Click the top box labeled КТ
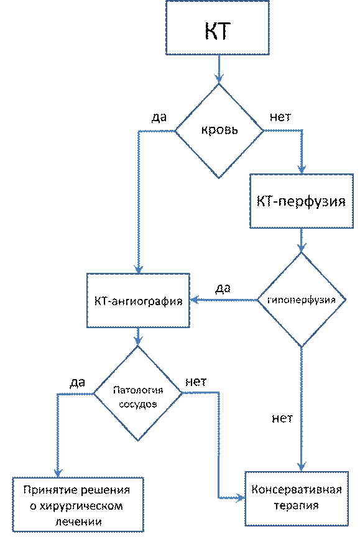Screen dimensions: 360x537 pyautogui.click(x=218, y=27)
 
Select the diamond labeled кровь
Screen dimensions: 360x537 pyautogui.click(x=219, y=131)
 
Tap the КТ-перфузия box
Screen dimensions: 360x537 pyautogui.click(x=302, y=201)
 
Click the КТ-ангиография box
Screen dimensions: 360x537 pyautogui.click(x=138, y=301)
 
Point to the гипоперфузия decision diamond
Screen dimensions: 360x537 pyautogui.click(x=302, y=300)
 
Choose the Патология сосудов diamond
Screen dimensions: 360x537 pyautogui.click(x=137, y=393)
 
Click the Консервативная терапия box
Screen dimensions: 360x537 pyautogui.click(x=297, y=498)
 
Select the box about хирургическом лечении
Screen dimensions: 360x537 pyautogui.click(x=78, y=505)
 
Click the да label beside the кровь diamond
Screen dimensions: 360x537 pyautogui.click(x=159, y=117)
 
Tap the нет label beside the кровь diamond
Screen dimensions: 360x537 pyautogui.click(x=280, y=117)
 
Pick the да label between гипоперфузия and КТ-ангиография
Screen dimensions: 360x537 pyautogui.click(x=223, y=288)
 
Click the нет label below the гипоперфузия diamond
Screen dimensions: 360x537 pyautogui.click(x=282, y=418)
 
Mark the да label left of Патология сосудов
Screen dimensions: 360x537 pyautogui.click(x=78, y=382)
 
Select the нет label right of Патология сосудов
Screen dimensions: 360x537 pyautogui.click(x=196, y=382)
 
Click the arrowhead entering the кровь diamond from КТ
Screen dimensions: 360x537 pyautogui.click(x=219, y=78)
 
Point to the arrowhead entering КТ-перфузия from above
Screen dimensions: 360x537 pyautogui.click(x=302, y=169)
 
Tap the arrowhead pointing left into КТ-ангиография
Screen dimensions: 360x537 pyautogui.click(x=195, y=300)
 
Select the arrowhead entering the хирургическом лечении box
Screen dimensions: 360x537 pyautogui.click(x=58, y=472)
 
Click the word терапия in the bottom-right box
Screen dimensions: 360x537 pyautogui.click(x=297, y=506)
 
